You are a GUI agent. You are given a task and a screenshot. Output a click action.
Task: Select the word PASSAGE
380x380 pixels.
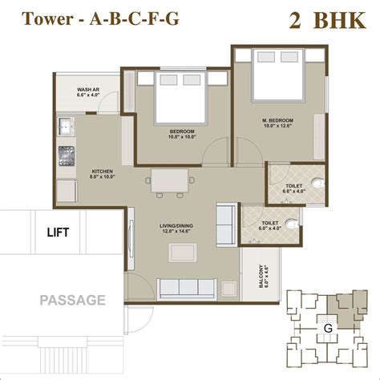point(73,301)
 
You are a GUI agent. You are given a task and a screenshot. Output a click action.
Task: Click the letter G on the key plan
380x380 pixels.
point(327,327)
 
